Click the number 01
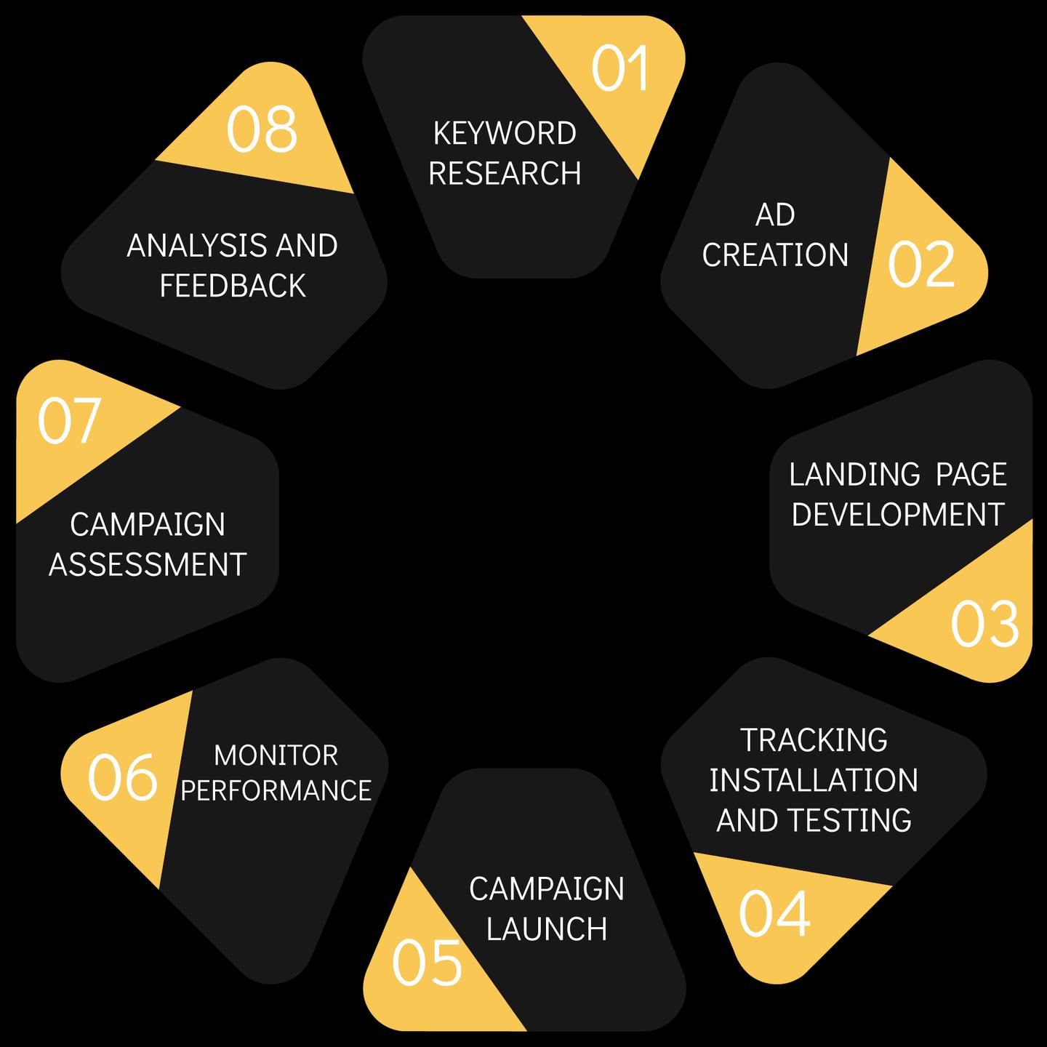pyautogui.click(x=620, y=69)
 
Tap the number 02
pyautogui.click(x=921, y=265)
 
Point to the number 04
pyautogui.click(x=774, y=914)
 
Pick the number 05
pyautogui.click(x=427, y=963)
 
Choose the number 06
pyautogui.click(x=122, y=778)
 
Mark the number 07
pyautogui.click(x=69, y=421)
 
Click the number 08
pyautogui.click(x=262, y=130)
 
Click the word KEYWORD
pyautogui.click(x=505, y=134)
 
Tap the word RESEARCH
pyautogui.click(x=505, y=174)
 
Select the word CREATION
pyautogui.click(x=775, y=255)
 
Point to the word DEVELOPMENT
pyautogui.click(x=898, y=515)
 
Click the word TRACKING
pyautogui.click(x=814, y=740)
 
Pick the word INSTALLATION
pyautogui.click(x=814, y=780)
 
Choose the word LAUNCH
pyautogui.click(x=547, y=929)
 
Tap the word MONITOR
pyautogui.click(x=276, y=756)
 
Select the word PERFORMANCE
pyautogui.click(x=276, y=791)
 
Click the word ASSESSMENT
pyautogui.click(x=148, y=565)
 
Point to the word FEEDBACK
pyautogui.click(x=233, y=286)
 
